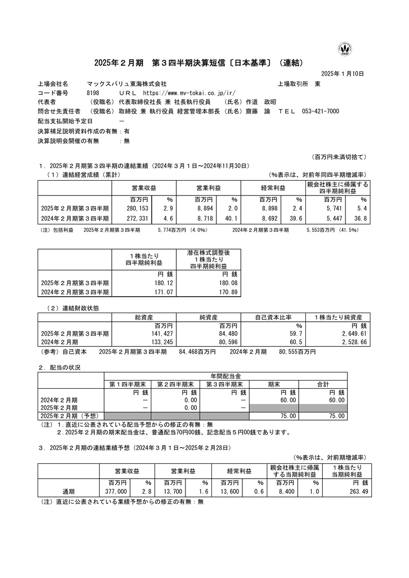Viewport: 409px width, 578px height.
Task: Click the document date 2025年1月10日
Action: [x=342, y=74]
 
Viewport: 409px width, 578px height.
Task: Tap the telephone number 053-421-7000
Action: [x=320, y=111]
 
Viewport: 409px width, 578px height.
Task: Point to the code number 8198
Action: [x=93, y=93]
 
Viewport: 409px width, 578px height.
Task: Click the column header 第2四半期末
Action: [x=175, y=384]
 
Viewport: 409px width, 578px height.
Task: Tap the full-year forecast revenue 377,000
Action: [x=115, y=492]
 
